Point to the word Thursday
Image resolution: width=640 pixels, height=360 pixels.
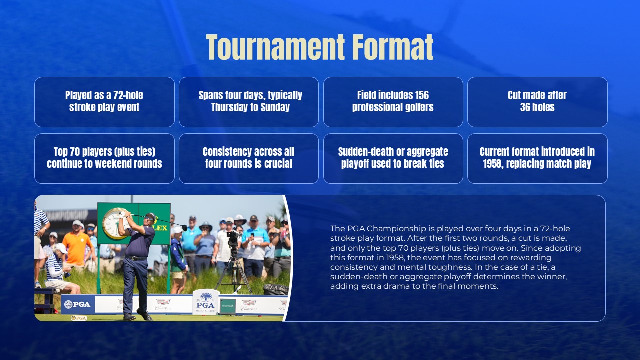[230, 107]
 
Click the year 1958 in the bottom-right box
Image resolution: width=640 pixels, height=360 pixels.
[494, 164]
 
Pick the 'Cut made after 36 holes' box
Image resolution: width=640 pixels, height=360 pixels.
[537, 102]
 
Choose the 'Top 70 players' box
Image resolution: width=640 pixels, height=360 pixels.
[104, 158]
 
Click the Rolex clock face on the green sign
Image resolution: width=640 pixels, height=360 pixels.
[114, 223]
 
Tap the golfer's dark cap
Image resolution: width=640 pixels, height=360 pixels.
[150, 217]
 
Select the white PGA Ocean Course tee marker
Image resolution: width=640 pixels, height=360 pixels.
[206, 301]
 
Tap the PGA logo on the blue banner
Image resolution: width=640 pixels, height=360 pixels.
[78, 304]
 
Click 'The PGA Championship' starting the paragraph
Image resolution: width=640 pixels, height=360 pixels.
[370, 228]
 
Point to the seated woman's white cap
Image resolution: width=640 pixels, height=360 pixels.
[60, 248]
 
